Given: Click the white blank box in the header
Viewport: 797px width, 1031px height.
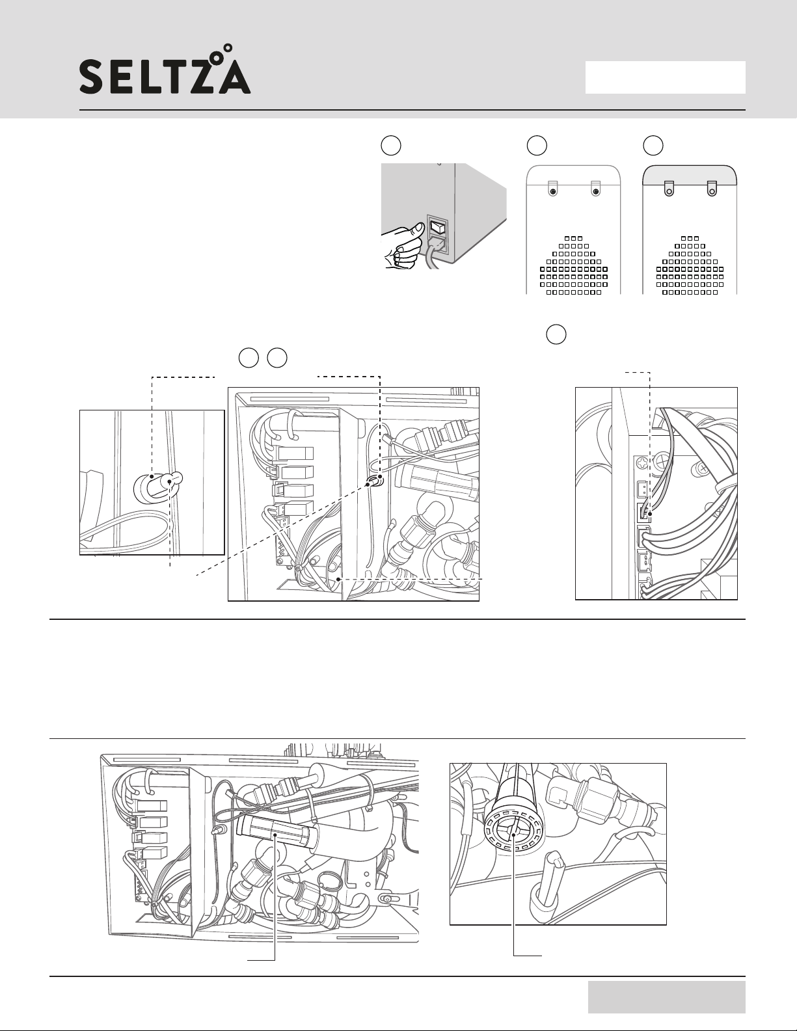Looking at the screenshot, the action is [665, 77].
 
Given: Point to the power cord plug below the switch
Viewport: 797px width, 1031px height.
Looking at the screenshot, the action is [437, 247].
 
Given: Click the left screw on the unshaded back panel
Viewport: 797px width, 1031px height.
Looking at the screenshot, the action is [552, 192].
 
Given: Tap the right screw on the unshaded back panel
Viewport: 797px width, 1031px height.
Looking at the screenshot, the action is [595, 192].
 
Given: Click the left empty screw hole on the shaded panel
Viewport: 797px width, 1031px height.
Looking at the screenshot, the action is [669, 192].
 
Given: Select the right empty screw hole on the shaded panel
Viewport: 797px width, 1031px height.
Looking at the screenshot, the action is [712, 192].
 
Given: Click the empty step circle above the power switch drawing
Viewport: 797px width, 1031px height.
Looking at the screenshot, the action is [391, 146].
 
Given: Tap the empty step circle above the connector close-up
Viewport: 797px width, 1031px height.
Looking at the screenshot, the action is [556, 334].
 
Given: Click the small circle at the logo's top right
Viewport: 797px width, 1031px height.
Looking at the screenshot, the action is [228, 48].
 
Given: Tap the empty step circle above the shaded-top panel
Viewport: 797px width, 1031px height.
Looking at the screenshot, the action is [653, 146].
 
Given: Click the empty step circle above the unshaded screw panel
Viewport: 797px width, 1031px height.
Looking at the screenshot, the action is [537, 146].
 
